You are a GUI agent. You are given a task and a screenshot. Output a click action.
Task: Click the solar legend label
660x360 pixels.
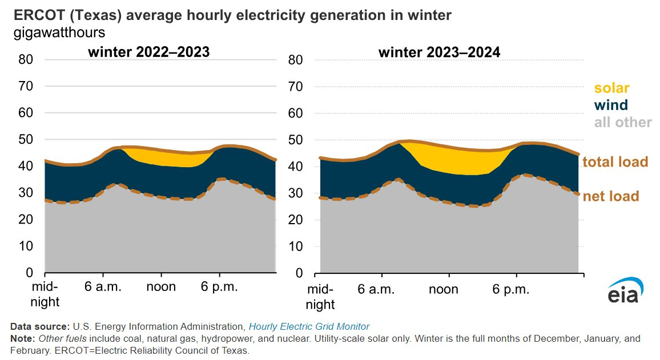611,88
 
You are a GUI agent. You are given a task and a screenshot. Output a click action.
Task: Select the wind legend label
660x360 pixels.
611,105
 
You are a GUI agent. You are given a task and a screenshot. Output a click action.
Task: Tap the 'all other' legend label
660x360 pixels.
623,122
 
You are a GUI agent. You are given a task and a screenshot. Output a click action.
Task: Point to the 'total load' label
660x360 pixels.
615,162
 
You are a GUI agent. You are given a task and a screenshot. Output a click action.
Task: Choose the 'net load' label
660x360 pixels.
610,196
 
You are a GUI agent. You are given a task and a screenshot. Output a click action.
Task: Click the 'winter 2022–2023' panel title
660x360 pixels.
148,52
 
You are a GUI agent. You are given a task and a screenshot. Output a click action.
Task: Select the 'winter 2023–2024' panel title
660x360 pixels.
439,52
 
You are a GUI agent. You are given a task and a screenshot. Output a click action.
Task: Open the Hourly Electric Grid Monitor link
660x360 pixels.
309,326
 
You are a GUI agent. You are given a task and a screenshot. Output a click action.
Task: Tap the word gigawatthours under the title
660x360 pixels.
59,33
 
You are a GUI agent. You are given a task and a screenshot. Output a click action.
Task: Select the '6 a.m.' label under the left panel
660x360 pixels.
103,286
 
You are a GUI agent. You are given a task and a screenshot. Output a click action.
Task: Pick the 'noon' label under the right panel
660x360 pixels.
444,289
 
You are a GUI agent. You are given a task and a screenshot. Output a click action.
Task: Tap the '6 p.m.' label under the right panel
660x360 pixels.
512,289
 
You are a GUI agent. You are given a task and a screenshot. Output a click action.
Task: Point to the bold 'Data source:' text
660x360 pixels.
40,326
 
